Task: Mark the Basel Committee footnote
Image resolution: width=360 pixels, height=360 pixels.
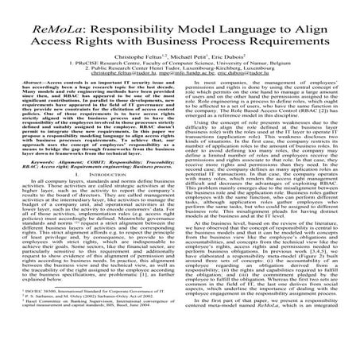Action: [x=87, y=342]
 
